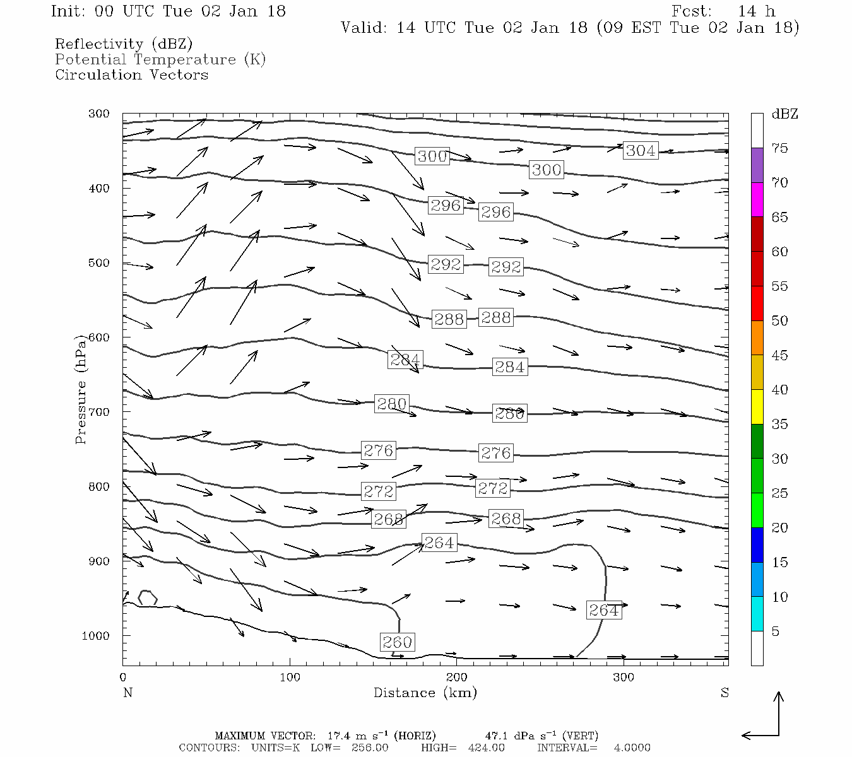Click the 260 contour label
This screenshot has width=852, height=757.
[398, 642]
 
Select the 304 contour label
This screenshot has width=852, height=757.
[641, 150]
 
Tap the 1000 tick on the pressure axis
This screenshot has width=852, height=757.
[96, 635]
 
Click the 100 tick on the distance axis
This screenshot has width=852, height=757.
[290, 677]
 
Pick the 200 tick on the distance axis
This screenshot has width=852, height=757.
[457, 677]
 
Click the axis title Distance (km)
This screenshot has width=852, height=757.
[425, 693]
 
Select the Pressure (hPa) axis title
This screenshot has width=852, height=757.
[81, 389]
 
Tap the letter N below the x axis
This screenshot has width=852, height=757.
[127, 693]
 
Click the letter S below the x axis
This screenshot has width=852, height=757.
[724, 693]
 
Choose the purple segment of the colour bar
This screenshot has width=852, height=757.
[757, 165]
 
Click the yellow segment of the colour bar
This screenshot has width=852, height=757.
[757, 407]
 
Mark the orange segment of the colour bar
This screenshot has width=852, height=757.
[757, 338]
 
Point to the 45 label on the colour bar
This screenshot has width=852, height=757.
[779, 355]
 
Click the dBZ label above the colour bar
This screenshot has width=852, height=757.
[784, 114]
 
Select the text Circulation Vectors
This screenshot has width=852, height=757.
[131, 74]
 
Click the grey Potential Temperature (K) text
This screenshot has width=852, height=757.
[160, 59]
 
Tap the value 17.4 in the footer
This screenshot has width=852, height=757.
[338, 736]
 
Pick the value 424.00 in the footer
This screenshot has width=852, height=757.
[486, 748]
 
